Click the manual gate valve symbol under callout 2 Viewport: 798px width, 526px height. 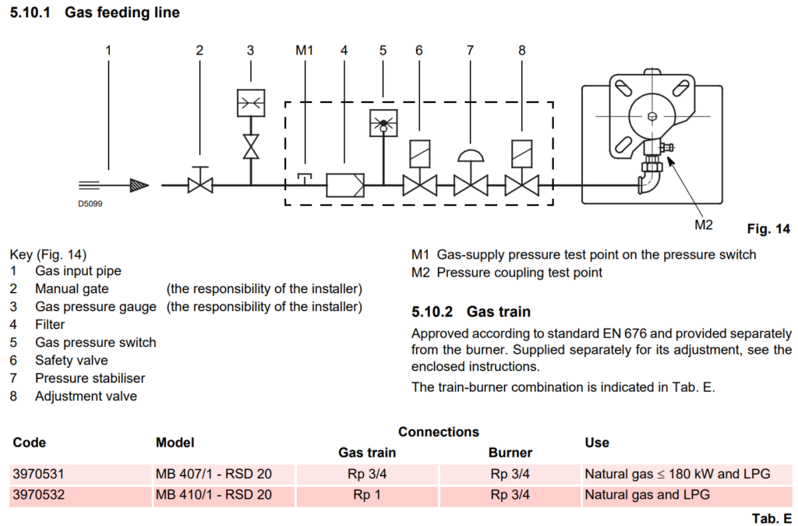click(x=200, y=185)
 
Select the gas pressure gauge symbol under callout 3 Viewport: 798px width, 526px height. click(x=251, y=102)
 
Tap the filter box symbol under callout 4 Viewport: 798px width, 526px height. click(x=344, y=185)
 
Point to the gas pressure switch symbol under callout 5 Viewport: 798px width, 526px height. click(x=383, y=122)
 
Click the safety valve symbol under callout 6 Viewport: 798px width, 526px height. click(x=419, y=185)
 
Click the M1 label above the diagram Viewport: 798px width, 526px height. click(x=304, y=51)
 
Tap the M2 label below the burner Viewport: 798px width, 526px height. click(x=704, y=225)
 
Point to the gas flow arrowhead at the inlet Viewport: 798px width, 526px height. click(x=139, y=185)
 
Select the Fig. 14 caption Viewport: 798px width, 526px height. click(x=768, y=229)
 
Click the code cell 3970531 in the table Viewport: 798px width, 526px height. click(x=39, y=473)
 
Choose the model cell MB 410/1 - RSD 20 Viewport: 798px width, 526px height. click(x=214, y=494)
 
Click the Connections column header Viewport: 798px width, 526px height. click(x=439, y=432)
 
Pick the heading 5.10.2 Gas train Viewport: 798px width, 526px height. click(x=471, y=312)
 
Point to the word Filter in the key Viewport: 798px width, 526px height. click(x=50, y=324)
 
